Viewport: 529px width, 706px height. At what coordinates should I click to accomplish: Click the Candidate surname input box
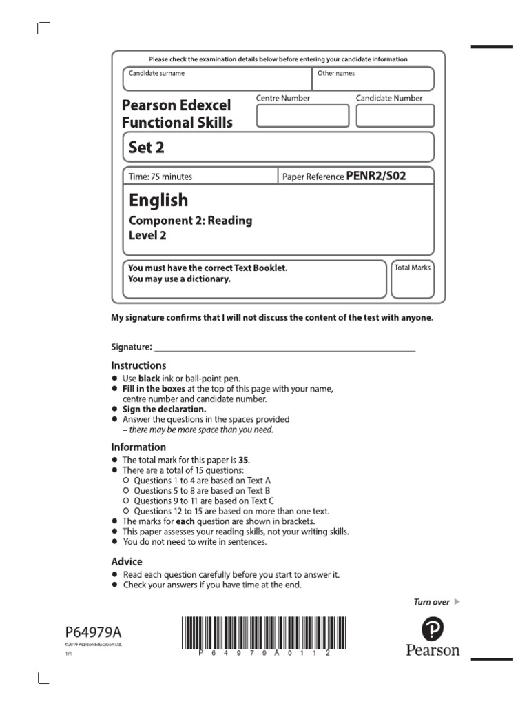click(217, 79)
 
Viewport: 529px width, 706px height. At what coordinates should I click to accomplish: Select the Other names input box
click(373, 79)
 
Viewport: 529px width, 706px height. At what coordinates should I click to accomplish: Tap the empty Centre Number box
click(302, 116)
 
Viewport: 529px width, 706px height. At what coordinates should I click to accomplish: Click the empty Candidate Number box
click(395, 116)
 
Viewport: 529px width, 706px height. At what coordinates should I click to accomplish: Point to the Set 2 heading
click(146, 148)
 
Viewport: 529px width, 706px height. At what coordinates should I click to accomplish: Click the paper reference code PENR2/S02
click(375, 176)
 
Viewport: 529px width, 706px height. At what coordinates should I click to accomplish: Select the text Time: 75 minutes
click(160, 176)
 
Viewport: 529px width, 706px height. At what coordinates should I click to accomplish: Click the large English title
click(158, 200)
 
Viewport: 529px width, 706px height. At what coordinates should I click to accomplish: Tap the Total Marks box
click(412, 279)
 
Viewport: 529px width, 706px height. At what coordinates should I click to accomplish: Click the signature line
click(285, 347)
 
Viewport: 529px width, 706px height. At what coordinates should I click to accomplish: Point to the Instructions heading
click(138, 365)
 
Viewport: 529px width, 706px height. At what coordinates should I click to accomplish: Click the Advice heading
click(127, 561)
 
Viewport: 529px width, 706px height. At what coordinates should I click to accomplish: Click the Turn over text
click(431, 602)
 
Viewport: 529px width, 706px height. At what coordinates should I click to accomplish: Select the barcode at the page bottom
click(258, 634)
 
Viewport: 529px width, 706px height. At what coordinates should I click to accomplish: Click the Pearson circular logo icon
click(432, 628)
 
